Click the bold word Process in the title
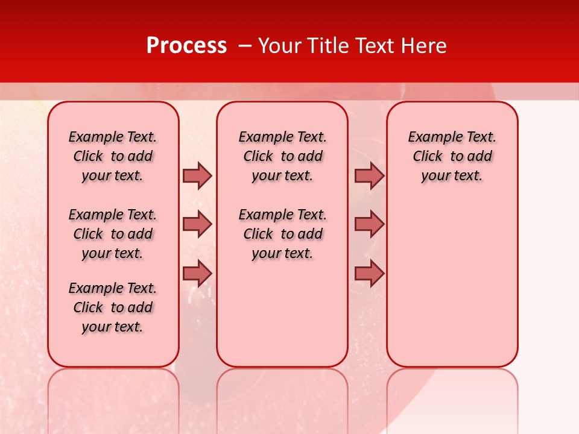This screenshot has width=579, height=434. (186, 46)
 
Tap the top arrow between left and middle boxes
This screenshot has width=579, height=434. (197, 175)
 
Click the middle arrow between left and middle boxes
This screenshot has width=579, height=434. (197, 224)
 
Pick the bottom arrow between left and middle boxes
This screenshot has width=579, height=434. (197, 273)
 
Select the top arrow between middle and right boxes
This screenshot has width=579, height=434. (369, 175)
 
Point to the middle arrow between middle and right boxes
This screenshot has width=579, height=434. (369, 224)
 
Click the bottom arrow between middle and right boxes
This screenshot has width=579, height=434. (369, 273)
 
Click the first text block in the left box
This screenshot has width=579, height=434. (113, 156)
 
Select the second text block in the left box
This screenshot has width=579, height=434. (113, 234)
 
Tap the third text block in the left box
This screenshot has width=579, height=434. (113, 307)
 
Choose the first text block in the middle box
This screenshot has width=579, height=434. (282, 156)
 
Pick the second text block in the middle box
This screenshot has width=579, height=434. (282, 234)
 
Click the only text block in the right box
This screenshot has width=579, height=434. (452, 156)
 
